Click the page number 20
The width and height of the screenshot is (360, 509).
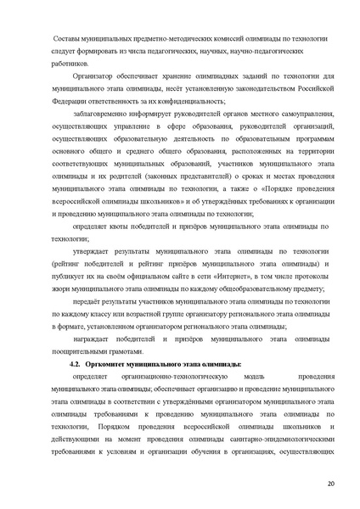click(330, 484)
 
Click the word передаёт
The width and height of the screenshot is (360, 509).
click(91, 301)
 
